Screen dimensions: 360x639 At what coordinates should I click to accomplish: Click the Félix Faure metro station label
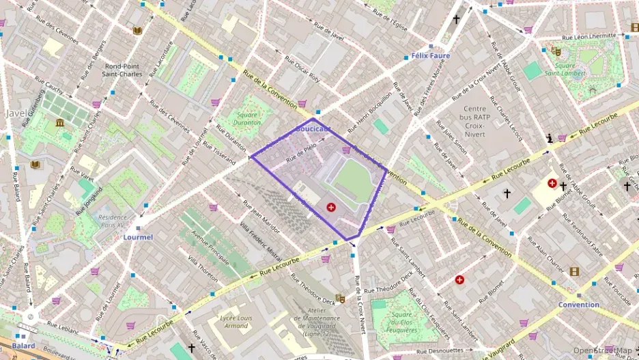pos(432,55)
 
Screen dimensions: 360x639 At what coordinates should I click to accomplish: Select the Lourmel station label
pos(138,237)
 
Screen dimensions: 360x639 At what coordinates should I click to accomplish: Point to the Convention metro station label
pos(578,305)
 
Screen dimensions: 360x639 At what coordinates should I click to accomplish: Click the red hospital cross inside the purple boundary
pos(331,206)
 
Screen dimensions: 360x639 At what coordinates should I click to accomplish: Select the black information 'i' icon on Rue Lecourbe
pos(550,139)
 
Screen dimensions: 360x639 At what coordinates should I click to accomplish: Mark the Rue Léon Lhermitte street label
pos(590,37)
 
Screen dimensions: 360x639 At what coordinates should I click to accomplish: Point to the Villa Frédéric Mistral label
pos(260,238)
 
